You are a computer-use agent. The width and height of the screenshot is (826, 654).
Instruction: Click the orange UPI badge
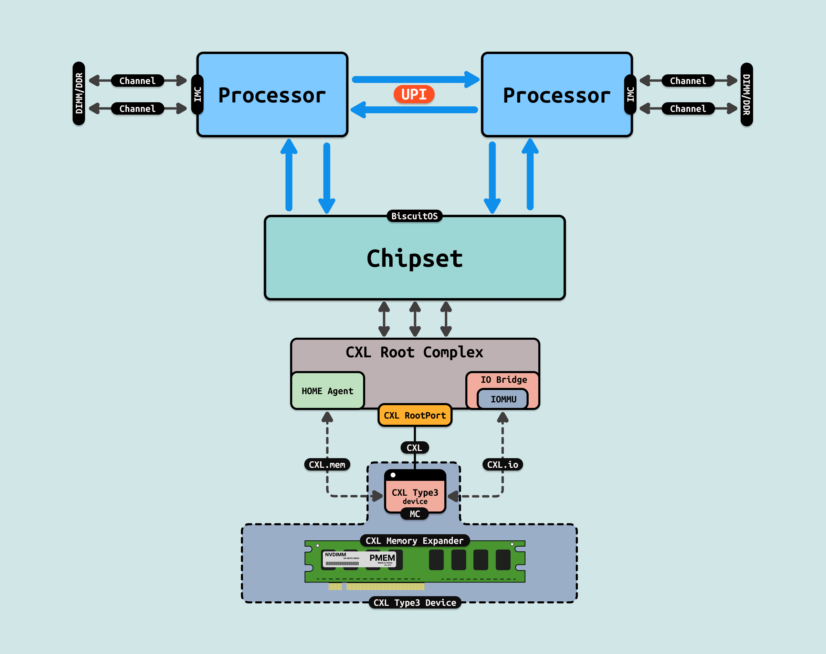(414, 94)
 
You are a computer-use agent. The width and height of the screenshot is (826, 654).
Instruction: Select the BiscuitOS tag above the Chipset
(414, 216)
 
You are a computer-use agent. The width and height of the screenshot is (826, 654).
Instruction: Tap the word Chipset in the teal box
(414, 258)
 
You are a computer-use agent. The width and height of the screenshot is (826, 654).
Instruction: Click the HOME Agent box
(327, 391)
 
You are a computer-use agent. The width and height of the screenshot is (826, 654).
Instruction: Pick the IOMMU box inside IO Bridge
(503, 399)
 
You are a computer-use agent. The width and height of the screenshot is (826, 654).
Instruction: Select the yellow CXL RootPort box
(414, 415)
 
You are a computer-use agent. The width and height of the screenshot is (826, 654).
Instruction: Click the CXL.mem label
(327, 464)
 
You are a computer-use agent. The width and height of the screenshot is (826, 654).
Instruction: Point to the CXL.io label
(502, 464)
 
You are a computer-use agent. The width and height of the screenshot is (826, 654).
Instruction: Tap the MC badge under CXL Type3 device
(414, 514)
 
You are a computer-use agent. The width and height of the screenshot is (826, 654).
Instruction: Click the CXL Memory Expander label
(414, 541)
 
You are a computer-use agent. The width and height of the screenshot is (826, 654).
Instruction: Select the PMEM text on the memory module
(382, 558)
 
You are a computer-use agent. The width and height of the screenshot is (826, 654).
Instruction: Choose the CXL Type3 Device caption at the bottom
(414, 603)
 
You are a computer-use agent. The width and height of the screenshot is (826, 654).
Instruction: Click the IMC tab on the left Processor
(198, 94)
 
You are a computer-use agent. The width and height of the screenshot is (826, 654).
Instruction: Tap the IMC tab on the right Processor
(630, 94)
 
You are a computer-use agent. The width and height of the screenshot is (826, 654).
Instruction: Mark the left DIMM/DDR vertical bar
(79, 93)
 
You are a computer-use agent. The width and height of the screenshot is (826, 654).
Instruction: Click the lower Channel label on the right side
(688, 109)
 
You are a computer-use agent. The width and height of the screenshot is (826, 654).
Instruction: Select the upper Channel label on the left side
(137, 81)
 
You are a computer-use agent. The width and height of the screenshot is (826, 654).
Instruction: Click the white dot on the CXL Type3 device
(393, 475)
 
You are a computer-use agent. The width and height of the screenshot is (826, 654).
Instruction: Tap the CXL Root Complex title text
(414, 352)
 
